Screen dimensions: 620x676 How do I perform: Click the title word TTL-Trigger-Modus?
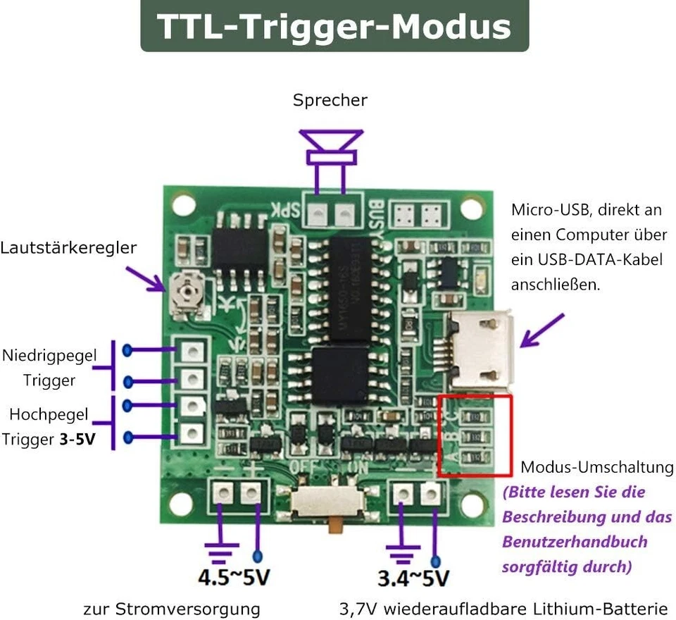tap(334, 26)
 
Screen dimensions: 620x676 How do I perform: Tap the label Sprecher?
tap(330, 101)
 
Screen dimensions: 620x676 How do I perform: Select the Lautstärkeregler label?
tap(68, 248)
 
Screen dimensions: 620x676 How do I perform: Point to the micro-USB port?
tap(481, 351)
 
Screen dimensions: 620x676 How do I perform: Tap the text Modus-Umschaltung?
tap(596, 467)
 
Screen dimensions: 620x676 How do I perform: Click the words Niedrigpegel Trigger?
tap(49, 367)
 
